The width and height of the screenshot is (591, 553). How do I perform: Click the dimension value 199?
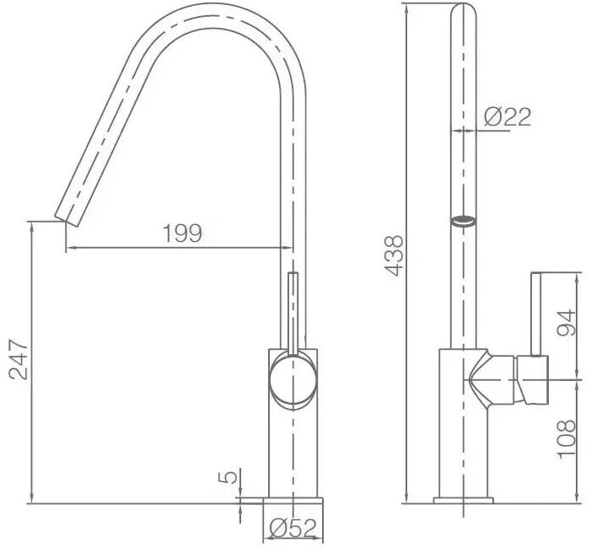182,234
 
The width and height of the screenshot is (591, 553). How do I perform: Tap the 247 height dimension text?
19,360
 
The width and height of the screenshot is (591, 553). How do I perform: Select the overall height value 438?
394,256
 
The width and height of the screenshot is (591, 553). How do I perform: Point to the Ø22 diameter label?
508,116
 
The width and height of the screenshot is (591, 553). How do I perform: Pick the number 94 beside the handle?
566,323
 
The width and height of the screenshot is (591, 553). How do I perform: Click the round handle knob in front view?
293,381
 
